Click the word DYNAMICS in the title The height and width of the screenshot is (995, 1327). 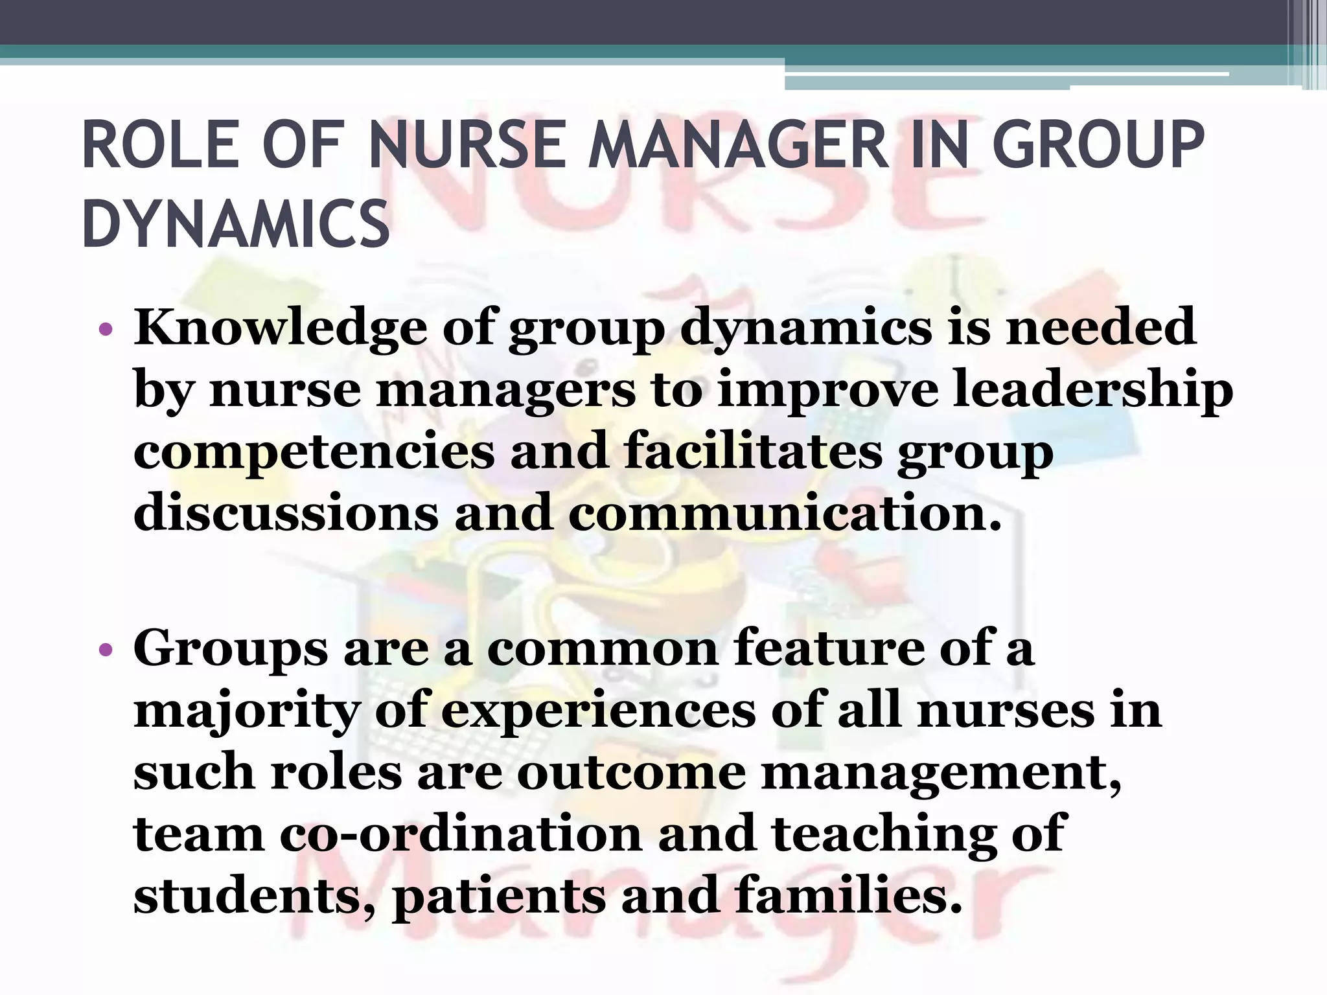pos(236,224)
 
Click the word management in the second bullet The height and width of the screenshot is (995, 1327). pos(940,773)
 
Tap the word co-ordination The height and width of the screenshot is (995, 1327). pos(461,834)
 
